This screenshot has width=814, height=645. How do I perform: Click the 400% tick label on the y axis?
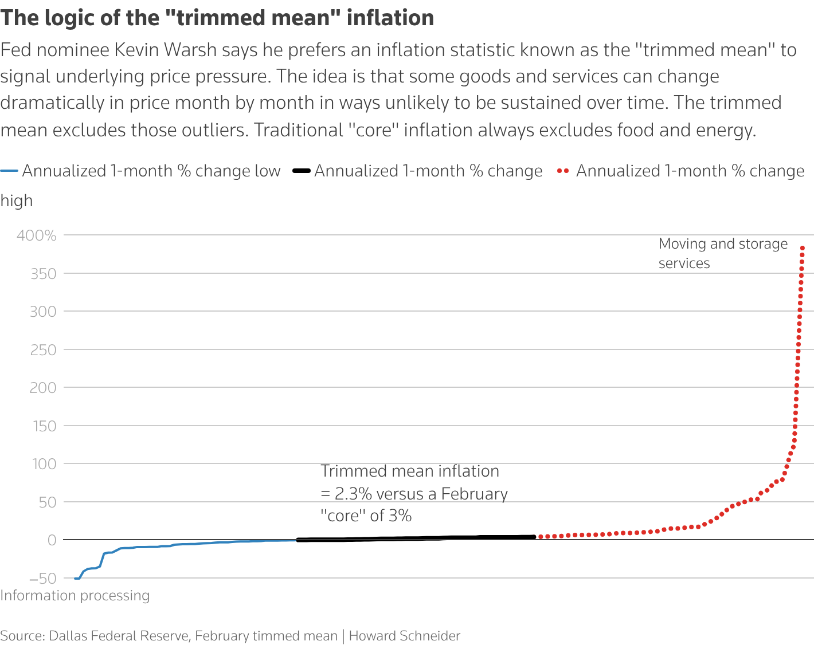pyautogui.click(x=37, y=235)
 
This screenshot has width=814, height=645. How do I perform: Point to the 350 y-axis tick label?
pyautogui.click(x=43, y=274)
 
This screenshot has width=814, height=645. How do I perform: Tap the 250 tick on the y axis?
pyautogui.click(x=43, y=349)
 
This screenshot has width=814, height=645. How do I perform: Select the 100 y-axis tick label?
pyautogui.click(x=44, y=464)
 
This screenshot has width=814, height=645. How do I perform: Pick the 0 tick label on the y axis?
pyautogui.click(x=52, y=540)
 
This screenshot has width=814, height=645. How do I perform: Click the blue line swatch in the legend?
pyautogui.click(x=10, y=171)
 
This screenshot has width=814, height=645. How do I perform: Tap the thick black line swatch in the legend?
pyautogui.click(x=302, y=171)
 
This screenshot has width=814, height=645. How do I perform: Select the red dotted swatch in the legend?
pyautogui.click(x=563, y=171)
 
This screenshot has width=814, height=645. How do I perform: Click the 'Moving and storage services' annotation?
pyautogui.click(x=723, y=253)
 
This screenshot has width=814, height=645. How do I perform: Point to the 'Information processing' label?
pyautogui.click(x=75, y=596)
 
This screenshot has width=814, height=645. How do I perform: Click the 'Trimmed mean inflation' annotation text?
pyautogui.click(x=410, y=471)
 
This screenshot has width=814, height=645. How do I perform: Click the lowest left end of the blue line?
pyautogui.click(x=76, y=579)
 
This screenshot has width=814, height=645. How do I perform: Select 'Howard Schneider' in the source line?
pyautogui.click(x=405, y=636)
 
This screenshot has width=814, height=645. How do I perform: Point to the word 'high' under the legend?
pyautogui.click(x=17, y=201)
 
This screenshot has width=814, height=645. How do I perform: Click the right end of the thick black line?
pyautogui.click(x=534, y=537)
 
